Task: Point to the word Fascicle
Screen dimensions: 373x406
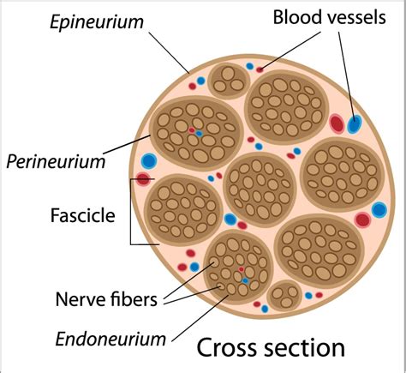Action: coord(84,216)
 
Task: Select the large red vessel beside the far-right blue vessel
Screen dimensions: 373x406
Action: coord(337,123)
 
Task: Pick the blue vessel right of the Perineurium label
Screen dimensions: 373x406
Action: coord(149,160)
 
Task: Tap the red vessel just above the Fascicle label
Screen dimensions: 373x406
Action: coord(142,180)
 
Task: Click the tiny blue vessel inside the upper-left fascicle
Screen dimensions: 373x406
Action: coord(199,134)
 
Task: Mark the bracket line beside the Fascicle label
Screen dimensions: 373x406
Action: coord(131,215)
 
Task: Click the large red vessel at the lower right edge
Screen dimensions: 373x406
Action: coord(362,219)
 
